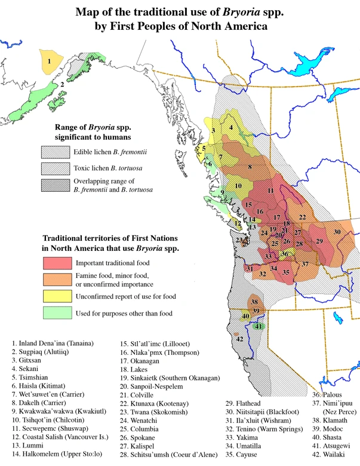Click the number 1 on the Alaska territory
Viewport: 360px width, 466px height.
tap(50, 61)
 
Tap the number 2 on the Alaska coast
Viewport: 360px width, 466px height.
tap(61, 85)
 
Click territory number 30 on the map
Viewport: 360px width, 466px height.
tap(337, 232)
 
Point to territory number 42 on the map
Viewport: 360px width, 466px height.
tap(239, 339)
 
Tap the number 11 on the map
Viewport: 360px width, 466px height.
tap(270, 191)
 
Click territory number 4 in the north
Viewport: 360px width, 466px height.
tap(230, 127)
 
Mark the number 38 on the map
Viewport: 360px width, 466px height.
tap(254, 302)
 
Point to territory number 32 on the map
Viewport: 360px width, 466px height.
tap(262, 274)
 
